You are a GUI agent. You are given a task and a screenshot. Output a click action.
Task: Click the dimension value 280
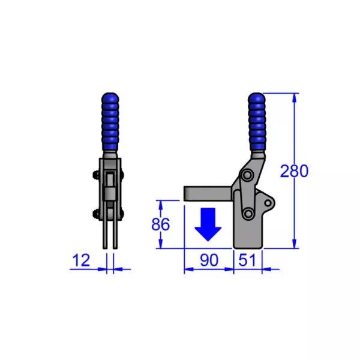point(294,171)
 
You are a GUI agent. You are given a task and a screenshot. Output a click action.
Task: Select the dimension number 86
point(159,224)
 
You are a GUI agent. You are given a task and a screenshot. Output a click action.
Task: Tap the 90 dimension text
point(208,260)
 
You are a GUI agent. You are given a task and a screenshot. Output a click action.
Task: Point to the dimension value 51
point(247,260)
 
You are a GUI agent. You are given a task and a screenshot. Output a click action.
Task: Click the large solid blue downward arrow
point(208,223)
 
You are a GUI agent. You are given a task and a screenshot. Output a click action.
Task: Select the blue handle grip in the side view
point(256,123)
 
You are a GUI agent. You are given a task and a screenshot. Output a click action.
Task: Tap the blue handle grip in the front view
point(110,123)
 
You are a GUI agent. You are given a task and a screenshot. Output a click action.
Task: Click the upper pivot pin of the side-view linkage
point(246,175)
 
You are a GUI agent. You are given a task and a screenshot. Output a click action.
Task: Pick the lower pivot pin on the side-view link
point(247,214)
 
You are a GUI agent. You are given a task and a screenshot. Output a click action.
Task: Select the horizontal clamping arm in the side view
point(207,193)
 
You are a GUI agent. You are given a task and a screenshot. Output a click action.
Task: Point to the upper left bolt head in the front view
point(96,175)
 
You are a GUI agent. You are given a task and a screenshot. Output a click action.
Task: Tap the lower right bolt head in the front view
point(124,214)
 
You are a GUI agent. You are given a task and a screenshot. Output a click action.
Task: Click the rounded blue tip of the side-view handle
point(256,97)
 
